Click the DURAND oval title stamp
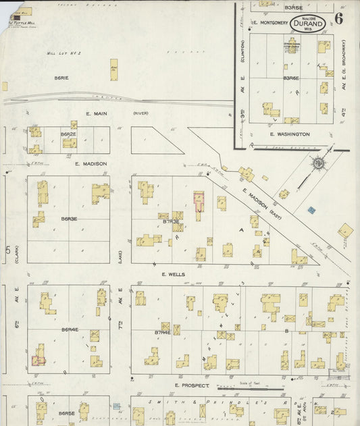308,24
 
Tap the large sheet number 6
338,19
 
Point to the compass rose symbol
317,163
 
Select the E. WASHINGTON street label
290,134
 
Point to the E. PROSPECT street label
190,386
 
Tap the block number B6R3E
69,219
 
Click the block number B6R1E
61,78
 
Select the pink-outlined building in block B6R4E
38,361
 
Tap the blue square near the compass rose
312,210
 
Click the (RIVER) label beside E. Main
140,113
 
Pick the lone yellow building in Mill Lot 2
113,70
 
